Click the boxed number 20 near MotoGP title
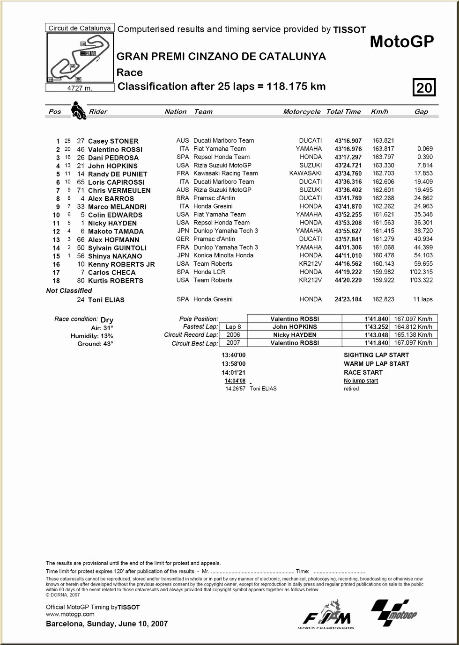[424, 87]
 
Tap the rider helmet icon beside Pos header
[78, 111]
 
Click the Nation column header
[176, 112]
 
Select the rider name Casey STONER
[113, 141]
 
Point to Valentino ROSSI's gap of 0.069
[425, 149]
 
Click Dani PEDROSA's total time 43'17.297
[348, 157]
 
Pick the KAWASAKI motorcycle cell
[305, 174]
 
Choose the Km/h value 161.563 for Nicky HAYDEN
[383, 223]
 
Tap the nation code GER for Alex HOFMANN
[183, 239]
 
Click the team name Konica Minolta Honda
[223, 255]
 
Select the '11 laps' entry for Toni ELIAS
[423, 299]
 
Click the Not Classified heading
[69, 290]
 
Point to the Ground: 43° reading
[96, 344]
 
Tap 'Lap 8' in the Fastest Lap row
[233, 327]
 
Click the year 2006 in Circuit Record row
[233, 335]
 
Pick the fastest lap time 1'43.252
[377, 327]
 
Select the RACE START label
[363, 372]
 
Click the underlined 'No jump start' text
[361, 381]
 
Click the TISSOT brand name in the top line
[349, 30]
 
